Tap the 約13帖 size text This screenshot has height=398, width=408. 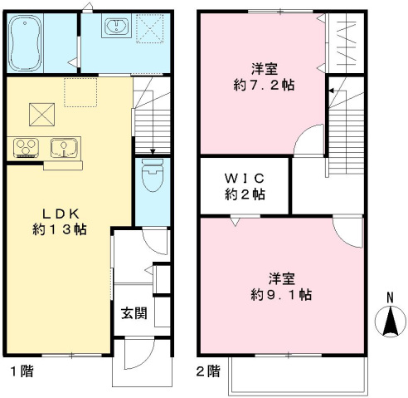pyautogui.click(x=61, y=228)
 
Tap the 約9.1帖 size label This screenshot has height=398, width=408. pyautogui.click(x=282, y=293)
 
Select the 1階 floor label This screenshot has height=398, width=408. pyautogui.click(x=22, y=371)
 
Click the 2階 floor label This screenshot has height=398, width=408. pyautogui.click(x=208, y=371)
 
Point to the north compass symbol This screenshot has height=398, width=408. pyautogui.click(x=388, y=323)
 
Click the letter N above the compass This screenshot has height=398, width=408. pyautogui.click(x=388, y=298)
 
